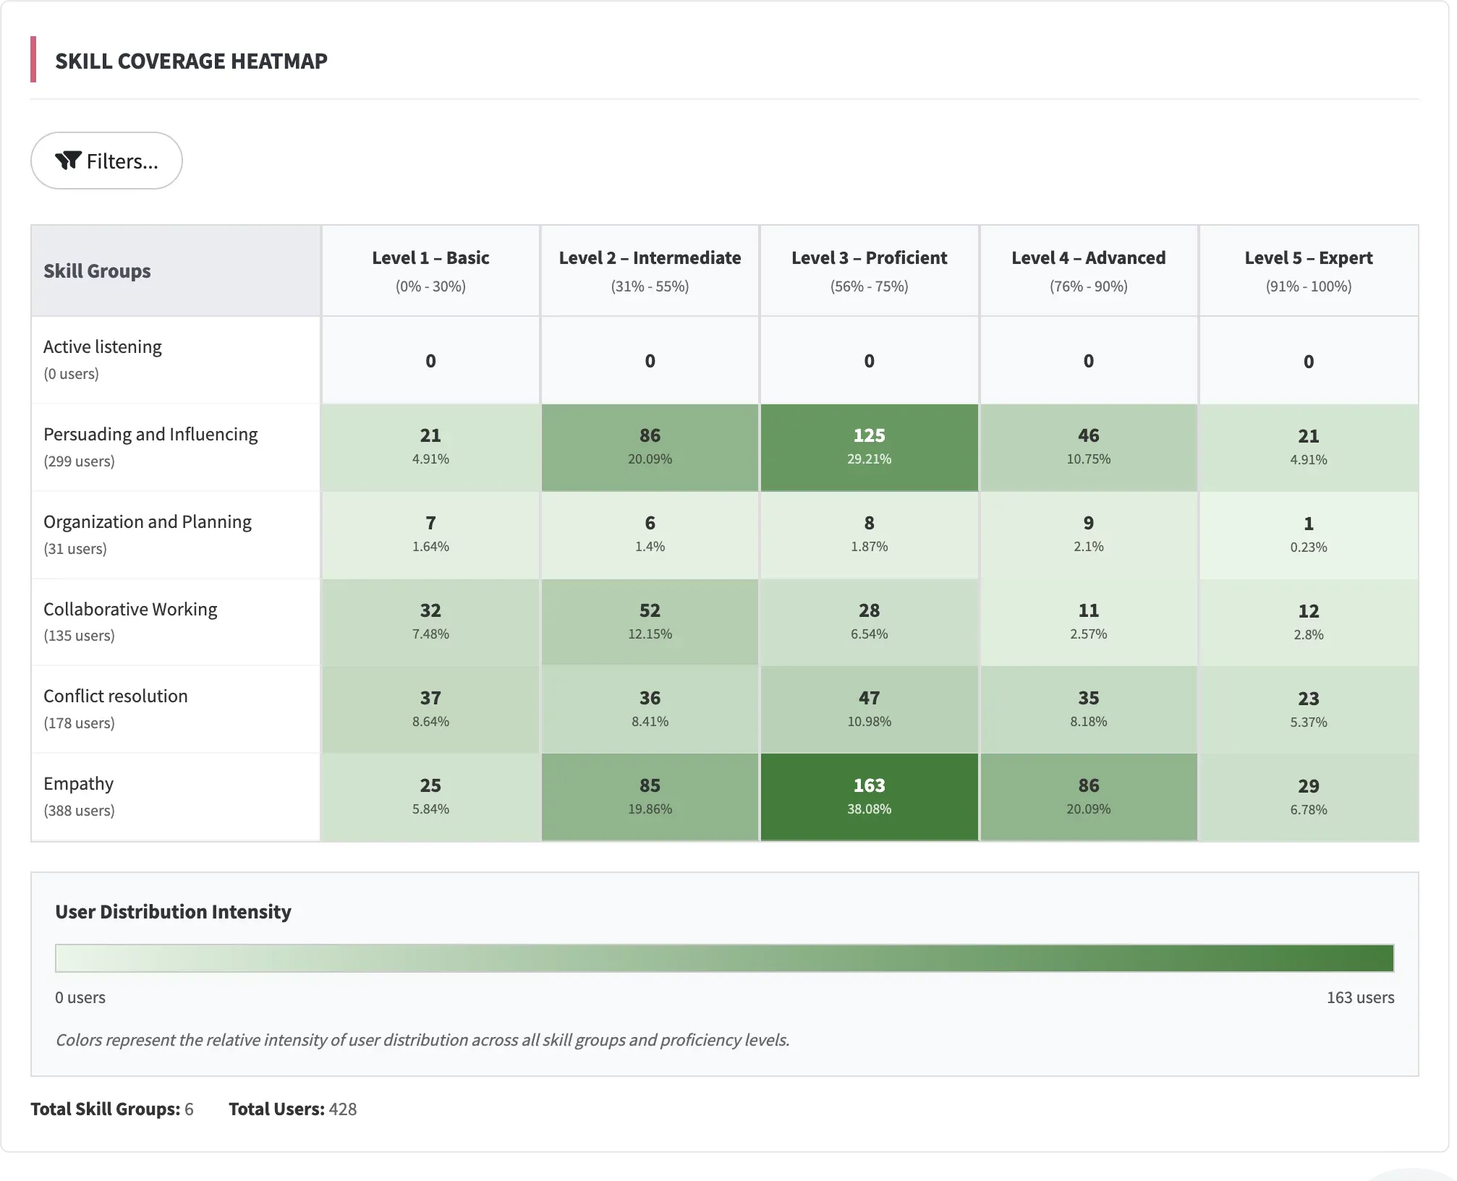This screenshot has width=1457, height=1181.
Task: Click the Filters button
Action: click(106, 161)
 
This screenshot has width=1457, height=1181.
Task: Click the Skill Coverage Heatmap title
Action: click(191, 61)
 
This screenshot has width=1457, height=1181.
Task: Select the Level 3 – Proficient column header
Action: click(869, 270)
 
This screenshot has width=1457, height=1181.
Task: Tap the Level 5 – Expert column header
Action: click(1308, 270)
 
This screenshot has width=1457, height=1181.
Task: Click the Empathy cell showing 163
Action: click(869, 796)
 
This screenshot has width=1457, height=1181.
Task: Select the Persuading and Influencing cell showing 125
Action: click(869, 447)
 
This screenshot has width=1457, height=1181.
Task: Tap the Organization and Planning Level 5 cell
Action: click(1308, 534)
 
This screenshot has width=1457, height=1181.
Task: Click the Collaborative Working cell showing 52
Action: click(650, 622)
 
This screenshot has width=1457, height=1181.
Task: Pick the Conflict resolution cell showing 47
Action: click(869, 709)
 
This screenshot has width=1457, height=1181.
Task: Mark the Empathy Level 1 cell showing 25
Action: click(430, 796)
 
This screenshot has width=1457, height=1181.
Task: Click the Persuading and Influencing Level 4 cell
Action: click(1088, 447)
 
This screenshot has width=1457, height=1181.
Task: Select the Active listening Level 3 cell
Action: click(869, 361)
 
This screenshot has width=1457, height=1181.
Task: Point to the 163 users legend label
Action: click(1360, 997)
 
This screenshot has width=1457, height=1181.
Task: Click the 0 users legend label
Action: click(80, 997)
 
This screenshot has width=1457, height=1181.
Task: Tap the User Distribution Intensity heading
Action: click(173, 912)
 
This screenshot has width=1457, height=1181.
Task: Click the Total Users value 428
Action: click(342, 1109)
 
